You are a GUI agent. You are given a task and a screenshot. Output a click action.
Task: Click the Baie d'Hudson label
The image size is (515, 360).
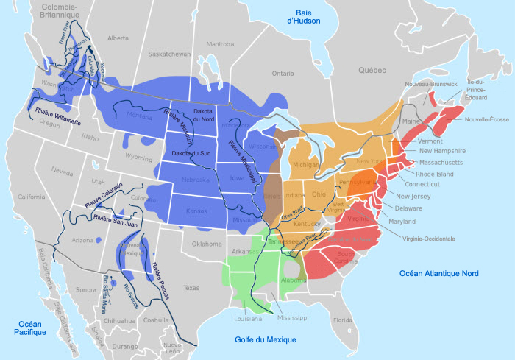pos(303,17)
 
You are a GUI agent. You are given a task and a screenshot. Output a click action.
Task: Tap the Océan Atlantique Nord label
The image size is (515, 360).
pos(438,273)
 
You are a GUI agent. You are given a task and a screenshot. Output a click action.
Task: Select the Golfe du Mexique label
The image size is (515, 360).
pos(266,339)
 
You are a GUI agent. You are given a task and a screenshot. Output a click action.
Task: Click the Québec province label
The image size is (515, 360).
pos(372,70)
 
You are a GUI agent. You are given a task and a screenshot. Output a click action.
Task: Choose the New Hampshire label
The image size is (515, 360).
pos(444,151)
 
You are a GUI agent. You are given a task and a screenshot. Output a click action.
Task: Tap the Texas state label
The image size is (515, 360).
pos(191,287)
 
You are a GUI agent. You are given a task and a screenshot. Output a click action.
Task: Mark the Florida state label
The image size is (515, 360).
pos(343,320)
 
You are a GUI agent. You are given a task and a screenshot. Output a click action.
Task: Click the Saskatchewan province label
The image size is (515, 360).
pos(170,54)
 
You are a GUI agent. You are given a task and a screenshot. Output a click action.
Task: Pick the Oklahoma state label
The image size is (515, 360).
pos(206,243)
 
